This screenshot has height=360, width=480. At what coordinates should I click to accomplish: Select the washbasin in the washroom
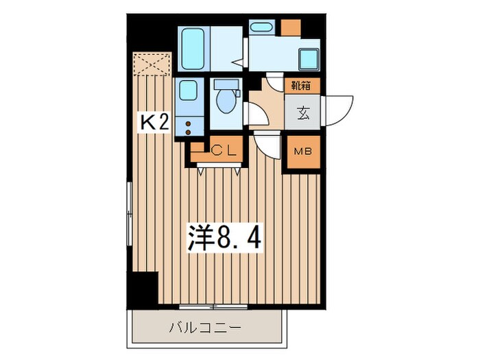click(x=261, y=28)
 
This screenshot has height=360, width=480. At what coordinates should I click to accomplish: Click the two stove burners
click(x=187, y=126)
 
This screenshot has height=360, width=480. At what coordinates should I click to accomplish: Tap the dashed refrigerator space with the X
click(x=152, y=66)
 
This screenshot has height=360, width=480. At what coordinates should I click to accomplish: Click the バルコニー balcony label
click(x=205, y=328)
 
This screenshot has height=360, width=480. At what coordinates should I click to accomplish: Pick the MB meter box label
click(x=302, y=152)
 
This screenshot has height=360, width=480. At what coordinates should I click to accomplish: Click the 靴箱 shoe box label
click(x=302, y=86)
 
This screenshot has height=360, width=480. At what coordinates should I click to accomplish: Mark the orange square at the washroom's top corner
click(x=291, y=28)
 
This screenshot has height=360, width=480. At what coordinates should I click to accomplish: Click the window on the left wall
click(x=128, y=213)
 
